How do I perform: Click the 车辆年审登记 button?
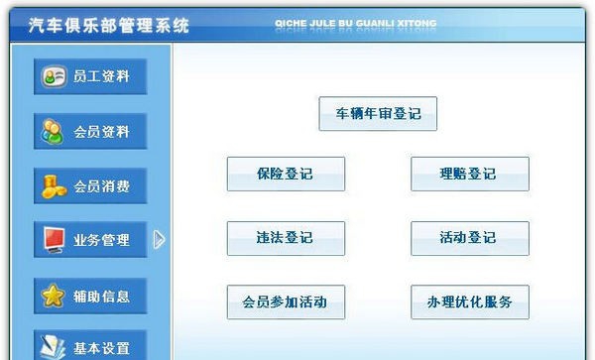(378, 113)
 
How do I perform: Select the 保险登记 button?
(286, 174)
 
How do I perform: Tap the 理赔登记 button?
(469, 174)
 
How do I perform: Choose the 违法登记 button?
(286, 238)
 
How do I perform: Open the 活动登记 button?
(469, 238)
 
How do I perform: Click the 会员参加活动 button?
(286, 302)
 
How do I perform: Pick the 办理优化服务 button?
(469, 302)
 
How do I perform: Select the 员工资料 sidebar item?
(90, 76)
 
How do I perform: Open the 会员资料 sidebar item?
(90, 131)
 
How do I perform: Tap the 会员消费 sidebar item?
(90, 185)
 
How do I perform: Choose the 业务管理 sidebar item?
(90, 240)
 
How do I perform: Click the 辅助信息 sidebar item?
(90, 296)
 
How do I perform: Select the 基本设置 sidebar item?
(90, 347)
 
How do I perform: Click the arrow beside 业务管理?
(159, 239)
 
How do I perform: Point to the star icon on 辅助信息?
(53, 296)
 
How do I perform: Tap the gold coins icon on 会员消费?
(53, 185)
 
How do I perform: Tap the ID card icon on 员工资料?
(53, 76)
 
